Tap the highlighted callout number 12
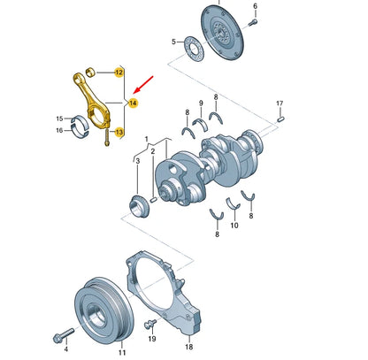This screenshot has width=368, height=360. coord(119,72)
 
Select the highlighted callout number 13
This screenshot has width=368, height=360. coord(120,132)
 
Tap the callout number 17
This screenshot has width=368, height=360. coord(280,104)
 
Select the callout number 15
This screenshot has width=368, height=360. coord(60,119)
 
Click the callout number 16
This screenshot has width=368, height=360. coord(60,130)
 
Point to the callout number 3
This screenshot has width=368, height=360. coord(135,162)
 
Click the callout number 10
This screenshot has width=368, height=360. coord(234,226)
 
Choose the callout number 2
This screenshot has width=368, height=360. coord(153,162)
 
